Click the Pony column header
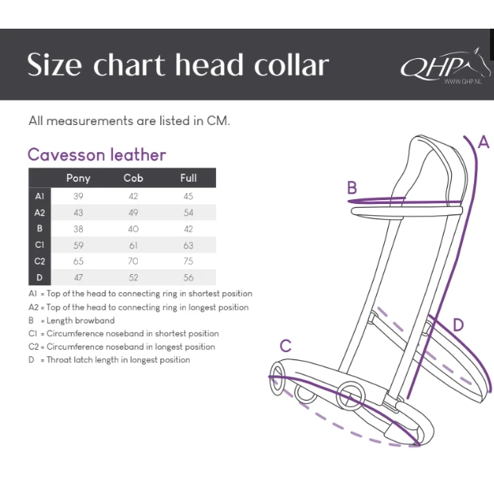pos(77,178)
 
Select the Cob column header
pos(133,178)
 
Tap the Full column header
pos(188,178)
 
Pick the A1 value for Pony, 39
pos(78,196)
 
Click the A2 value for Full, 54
pos(188,213)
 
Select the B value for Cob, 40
pos(133,229)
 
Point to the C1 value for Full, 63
pos(188,245)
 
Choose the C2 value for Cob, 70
pos(133,261)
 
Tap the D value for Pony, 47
pos(78,278)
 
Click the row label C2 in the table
pos(39,261)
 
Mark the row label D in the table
pos(39,278)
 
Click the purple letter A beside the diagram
pos(483,143)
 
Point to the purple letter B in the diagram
pos(351,188)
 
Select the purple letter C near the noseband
pos(284,346)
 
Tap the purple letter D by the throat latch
pos(457,325)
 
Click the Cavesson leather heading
pos(96,155)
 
